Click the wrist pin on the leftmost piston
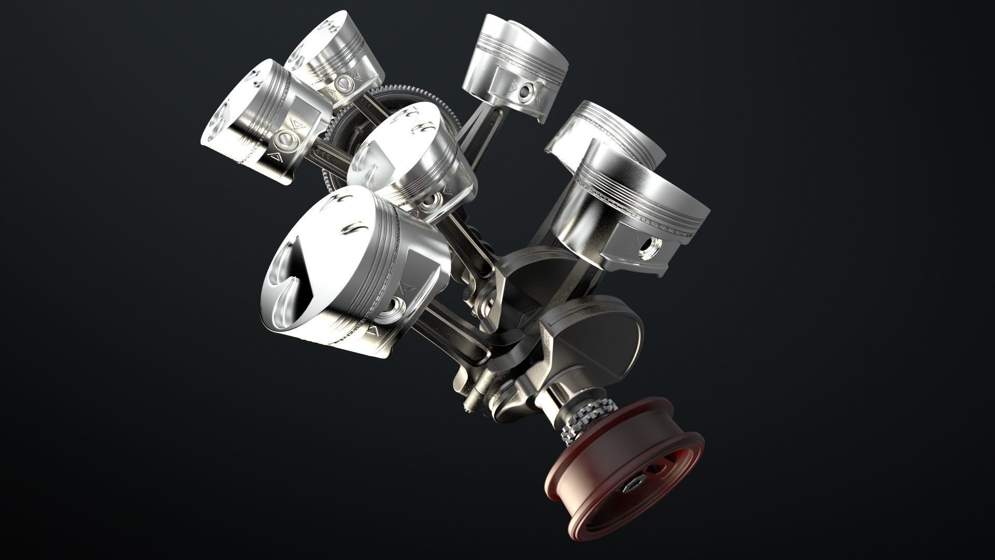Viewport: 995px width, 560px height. pos(285,138)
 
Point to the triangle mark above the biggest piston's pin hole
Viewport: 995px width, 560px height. pos(409,287)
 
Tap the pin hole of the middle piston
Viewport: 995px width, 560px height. pos(430,201)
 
